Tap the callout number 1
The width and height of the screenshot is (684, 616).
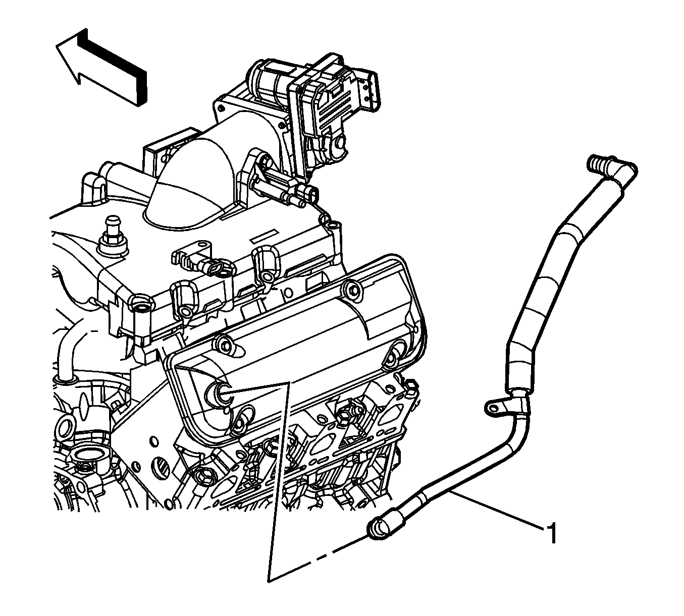coord(551,533)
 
